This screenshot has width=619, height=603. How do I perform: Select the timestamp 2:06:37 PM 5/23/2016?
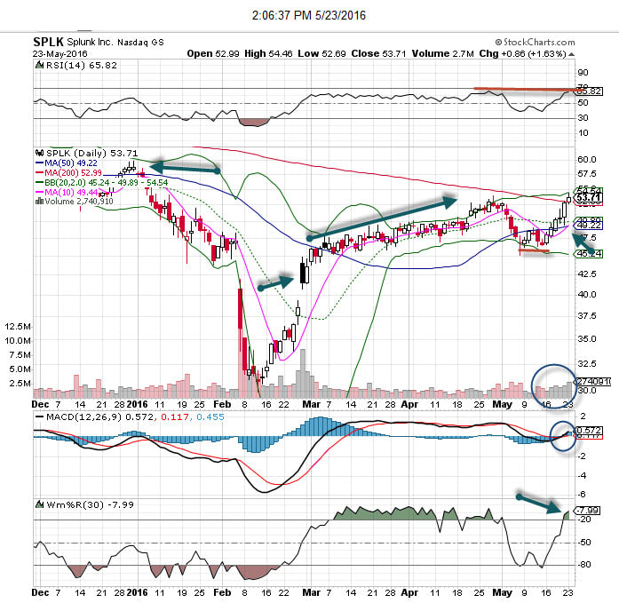[308, 15]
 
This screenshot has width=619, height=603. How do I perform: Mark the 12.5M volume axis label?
[18, 326]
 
